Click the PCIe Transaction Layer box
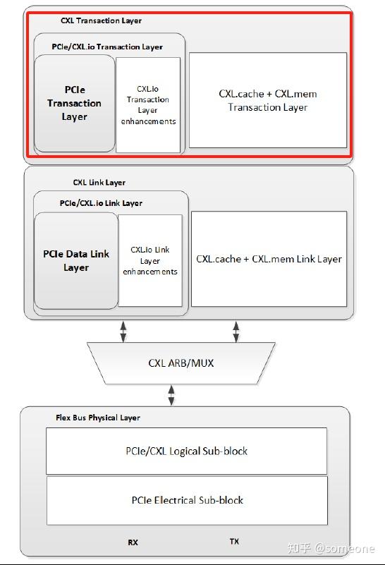(74, 103)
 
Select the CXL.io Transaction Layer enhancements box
(148, 105)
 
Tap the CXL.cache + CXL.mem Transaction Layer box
(268, 100)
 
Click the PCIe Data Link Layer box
(76, 260)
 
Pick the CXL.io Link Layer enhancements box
(150, 260)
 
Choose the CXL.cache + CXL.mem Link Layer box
(269, 259)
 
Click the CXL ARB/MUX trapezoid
(181, 363)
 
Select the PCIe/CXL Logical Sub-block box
(187, 451)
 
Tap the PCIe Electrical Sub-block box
(187, 500)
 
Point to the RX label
(133, 542)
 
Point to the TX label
(234, 542)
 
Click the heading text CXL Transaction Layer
(101, 21)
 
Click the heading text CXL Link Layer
(99, 183)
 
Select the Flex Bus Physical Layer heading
(98, 418)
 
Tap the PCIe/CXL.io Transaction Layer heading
(107, 47)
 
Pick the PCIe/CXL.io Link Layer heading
(101, 203)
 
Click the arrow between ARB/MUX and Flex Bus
(171, 395)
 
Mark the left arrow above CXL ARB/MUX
(124, 331)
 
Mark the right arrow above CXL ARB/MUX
(236, 331)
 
